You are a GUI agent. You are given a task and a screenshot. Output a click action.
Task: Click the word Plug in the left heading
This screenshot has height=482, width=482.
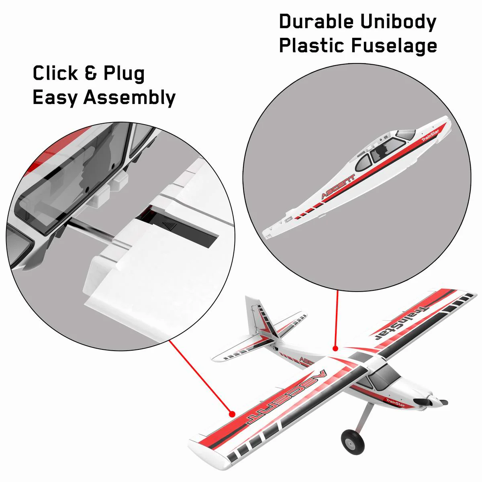pyautogui.click(x=124, y=74)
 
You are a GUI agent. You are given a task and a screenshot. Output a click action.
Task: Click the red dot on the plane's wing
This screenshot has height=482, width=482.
pyautogui.click(x=231, y=413)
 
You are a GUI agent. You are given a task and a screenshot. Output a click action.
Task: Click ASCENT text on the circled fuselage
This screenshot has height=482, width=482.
pyautogui.click(x=338, y=187)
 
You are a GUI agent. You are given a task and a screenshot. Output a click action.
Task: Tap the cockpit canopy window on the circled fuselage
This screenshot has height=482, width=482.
pyautogui.click(x=386, y=151)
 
